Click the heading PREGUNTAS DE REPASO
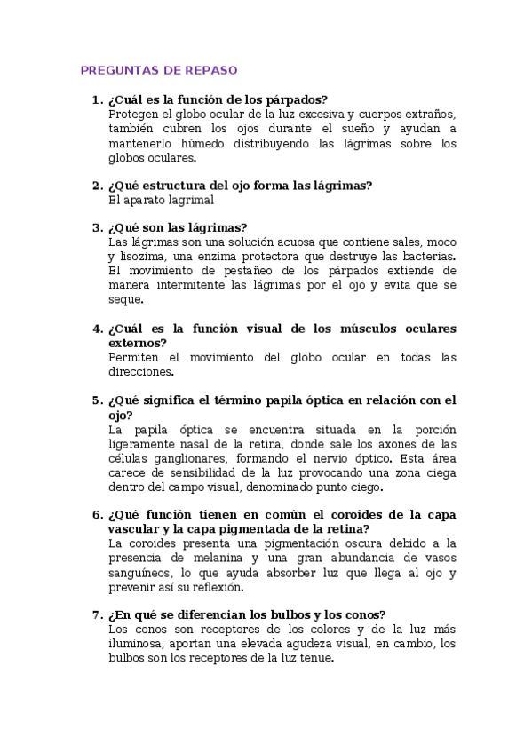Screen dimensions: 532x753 tap(159, 70)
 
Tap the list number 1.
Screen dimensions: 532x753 tap(96, 99)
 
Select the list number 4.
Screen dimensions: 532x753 tap(96, 329)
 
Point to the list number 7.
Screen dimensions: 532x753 tap(96, 614)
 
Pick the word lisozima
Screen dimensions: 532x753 tap(143, 256)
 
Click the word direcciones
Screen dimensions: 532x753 tap(139, 372)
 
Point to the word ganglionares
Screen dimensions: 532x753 tap(187, 458)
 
